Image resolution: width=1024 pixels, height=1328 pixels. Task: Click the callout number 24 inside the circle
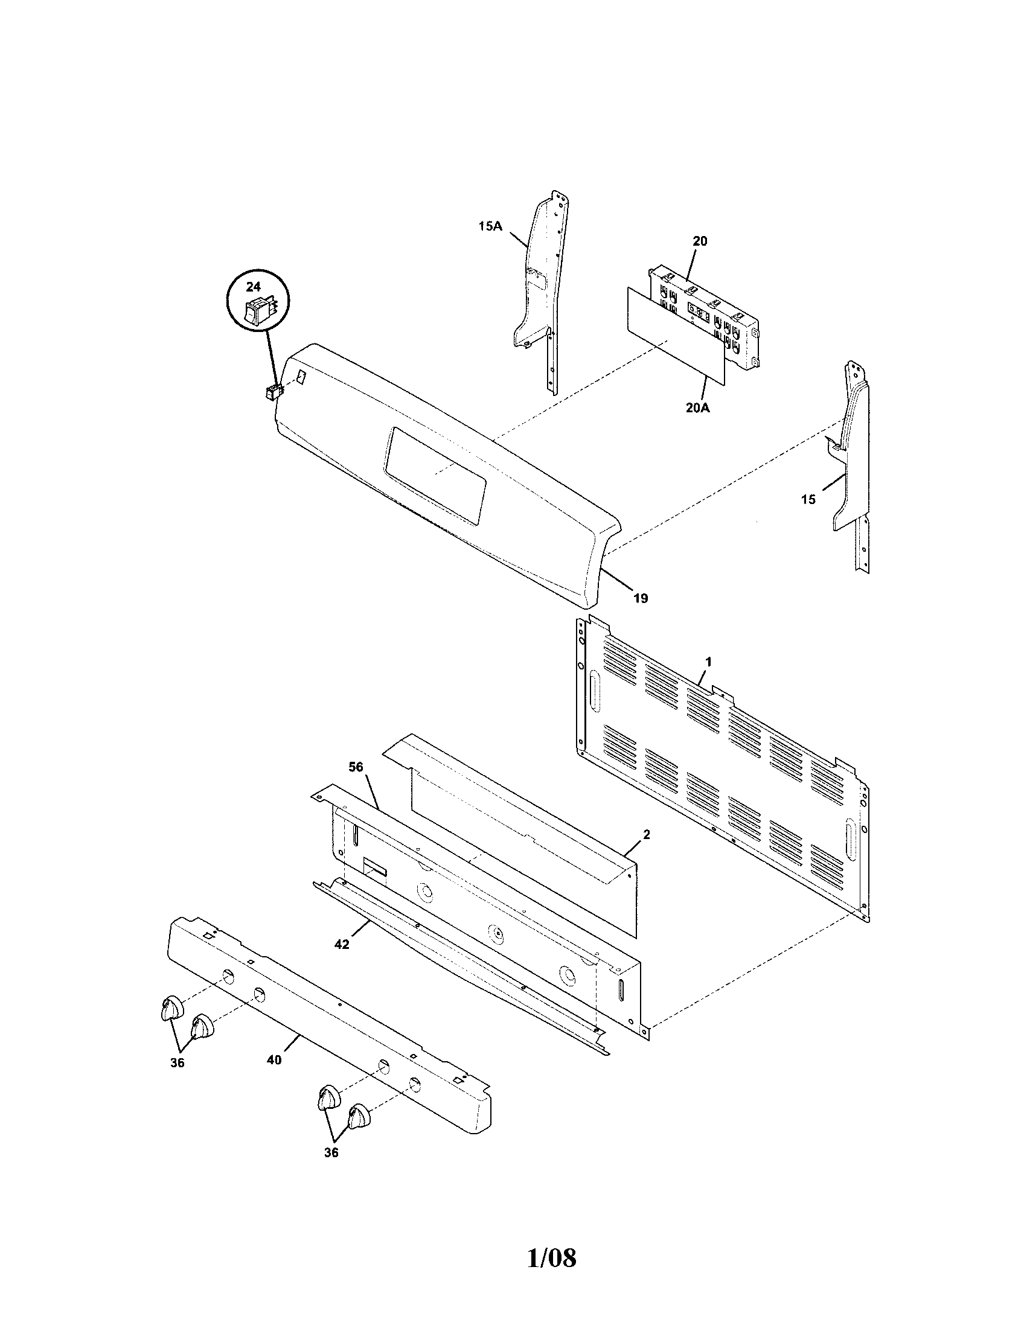(x=252, y=286)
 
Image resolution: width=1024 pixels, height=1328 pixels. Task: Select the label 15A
(x=490, y=226)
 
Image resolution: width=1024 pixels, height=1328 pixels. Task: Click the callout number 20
(x=700, y=241)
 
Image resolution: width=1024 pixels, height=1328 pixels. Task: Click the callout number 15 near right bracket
(x=808, y=499)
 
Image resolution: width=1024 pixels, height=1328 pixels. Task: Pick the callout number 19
(x=641, y=598)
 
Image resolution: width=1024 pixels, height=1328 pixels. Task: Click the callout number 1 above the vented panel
(x=708, y=660)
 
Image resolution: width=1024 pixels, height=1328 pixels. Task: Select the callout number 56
(x=356, y=767)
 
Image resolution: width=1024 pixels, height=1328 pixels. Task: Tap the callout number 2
(x=647, y=835)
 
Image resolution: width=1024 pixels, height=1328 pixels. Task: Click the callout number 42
(x=342, y=944)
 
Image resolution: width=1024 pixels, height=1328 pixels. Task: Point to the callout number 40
(x=274, y=1059)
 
